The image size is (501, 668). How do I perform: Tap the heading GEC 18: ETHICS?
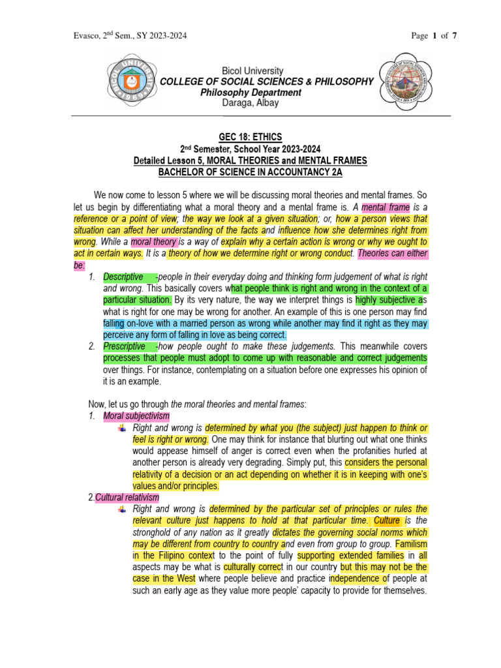[x=250, y=137]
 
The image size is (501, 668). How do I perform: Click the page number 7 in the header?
[x=455, y=36]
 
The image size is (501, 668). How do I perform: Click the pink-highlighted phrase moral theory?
[x=154, y=242]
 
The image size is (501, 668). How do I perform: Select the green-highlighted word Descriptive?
[x=123, y=277]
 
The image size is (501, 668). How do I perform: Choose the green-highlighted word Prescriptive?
[x=124, y=346]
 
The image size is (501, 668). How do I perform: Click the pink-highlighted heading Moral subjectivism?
[x=137, y=416]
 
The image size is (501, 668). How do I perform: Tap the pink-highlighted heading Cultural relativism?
[x=127, y=498]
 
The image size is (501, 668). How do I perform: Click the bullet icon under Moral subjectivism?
[x=122, y=428]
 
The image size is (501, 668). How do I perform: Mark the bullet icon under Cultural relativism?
[x=122, y=509]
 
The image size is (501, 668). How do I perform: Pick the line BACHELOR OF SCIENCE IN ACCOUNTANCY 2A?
[x=250, y=172]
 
